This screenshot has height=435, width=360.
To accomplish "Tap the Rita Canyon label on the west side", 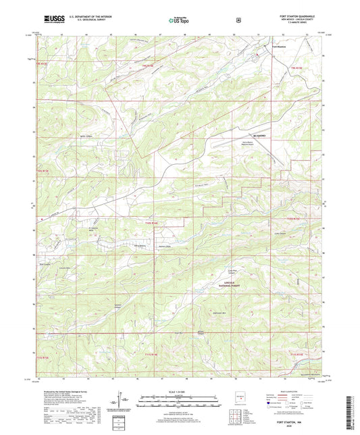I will coord(45,255).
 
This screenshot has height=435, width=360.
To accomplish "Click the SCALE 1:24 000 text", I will coord(179,392).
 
